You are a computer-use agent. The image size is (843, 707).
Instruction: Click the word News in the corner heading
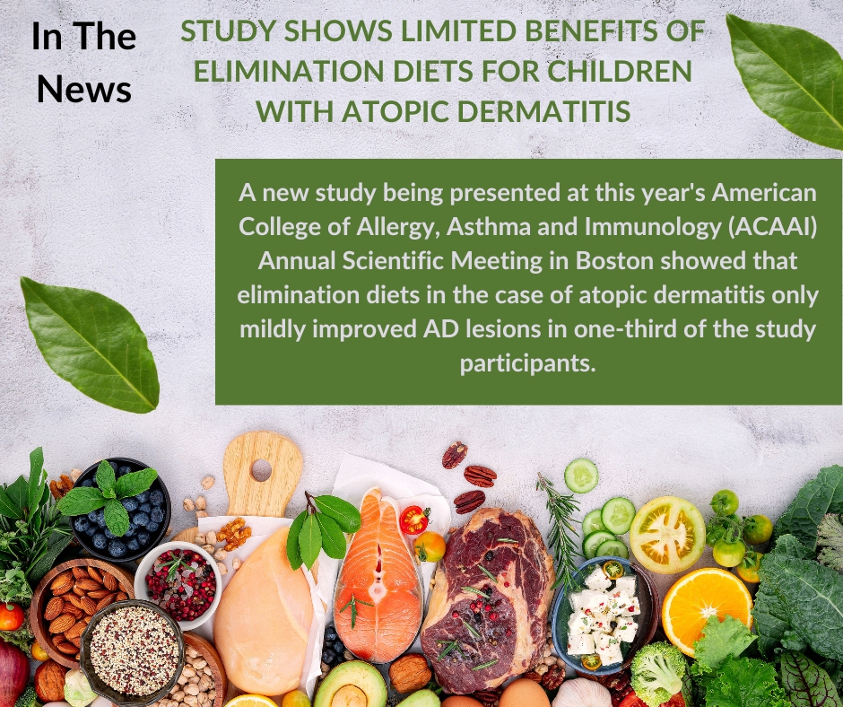pos(85,89)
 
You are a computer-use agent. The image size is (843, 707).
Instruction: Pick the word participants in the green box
pos(528,364)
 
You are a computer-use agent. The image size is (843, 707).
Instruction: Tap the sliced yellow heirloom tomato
pos(666,533)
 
